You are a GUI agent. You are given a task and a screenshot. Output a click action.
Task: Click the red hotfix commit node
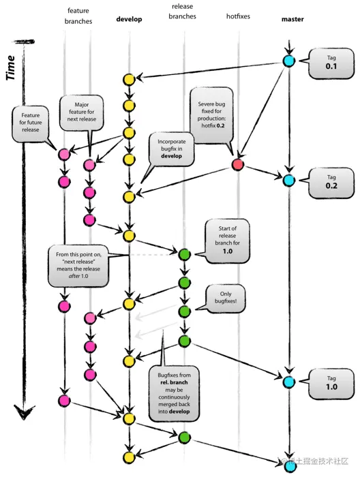pos(237,164)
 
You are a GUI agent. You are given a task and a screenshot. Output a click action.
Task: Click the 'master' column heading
pos(292,19)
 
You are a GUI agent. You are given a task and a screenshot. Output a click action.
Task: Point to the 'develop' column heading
pos(129,19)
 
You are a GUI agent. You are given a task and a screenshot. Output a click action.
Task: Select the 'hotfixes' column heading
pos(238,19)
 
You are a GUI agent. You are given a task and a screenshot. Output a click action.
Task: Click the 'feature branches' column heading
pos(79,16)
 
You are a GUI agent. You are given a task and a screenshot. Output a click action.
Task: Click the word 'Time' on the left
pos(11,68)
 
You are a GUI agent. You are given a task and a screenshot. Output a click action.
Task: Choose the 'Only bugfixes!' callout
pos(226,296)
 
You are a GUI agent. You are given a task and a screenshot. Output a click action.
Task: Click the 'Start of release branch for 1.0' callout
pos(226,240)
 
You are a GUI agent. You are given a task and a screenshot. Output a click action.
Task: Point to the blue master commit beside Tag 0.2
pos(288,181)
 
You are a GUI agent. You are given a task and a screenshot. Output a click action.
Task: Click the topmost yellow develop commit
pos(128,80)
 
